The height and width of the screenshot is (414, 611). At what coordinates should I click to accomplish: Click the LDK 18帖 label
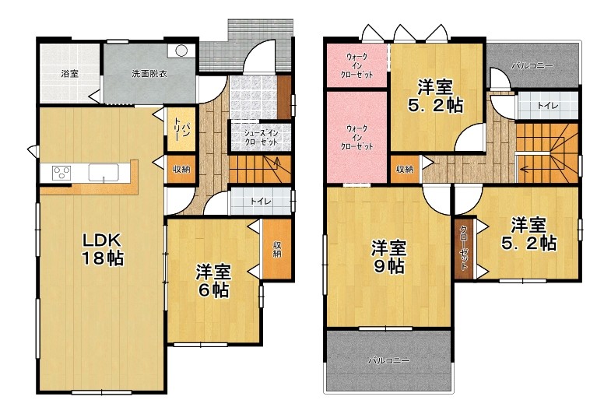(x=103, y=249)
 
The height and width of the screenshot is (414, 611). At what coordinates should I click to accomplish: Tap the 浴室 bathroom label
(x=70, y=73)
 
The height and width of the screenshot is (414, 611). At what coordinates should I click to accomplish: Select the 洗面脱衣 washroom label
(x=149, y=73)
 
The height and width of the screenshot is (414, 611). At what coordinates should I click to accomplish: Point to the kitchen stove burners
(x=61, y=173)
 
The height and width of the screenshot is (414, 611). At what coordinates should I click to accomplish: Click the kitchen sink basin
(x=104, y=173)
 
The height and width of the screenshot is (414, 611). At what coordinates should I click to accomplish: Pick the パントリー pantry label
(x=181, y=131)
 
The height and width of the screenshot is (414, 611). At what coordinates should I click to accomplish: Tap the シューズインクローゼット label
(x=261, y=138)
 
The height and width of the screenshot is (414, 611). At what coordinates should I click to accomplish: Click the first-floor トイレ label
(x=261, y=202)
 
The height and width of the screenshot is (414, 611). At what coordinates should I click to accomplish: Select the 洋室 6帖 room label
(x=213, y=281)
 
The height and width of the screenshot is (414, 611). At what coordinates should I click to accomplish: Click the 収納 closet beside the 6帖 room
(x=277, y=249)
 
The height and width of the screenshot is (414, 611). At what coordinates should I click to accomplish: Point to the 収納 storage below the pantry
(x=181, y=170)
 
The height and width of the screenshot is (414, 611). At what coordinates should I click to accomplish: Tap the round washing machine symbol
(x=181, y=51)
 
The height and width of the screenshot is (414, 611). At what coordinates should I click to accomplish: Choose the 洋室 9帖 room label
(x=388, y=257)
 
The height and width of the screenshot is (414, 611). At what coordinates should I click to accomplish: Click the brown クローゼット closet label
(x=464, y=247)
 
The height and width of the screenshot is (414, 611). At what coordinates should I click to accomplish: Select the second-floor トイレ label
(x=548, y=105)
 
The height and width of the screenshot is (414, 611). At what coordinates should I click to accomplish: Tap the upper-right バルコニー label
(x=532, y=66)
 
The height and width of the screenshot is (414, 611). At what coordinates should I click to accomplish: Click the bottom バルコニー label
(x=389, y=360)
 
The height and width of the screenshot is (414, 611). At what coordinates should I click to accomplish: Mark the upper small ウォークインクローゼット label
(x=356, y=65)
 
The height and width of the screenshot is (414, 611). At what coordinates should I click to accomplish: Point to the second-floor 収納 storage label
(x=405, y=170)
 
